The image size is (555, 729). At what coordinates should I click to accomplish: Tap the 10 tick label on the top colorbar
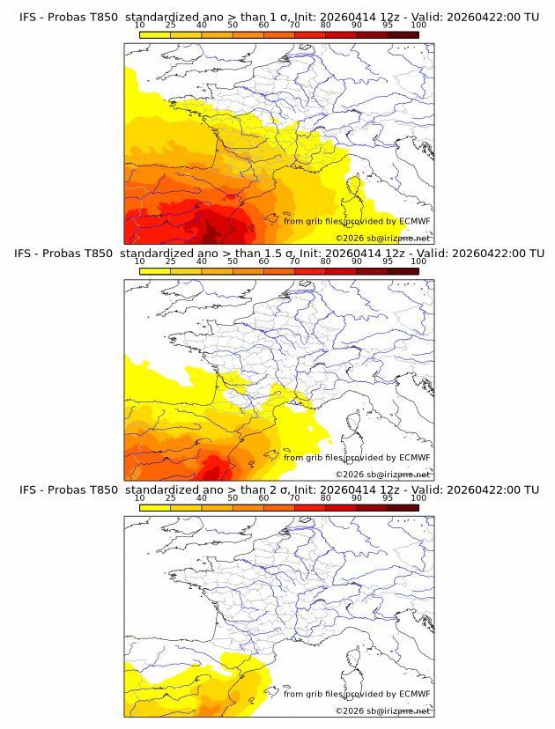[x=139, y=26]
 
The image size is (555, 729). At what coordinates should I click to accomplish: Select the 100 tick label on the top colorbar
[x=418, y=26]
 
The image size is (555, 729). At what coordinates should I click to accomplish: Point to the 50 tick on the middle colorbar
[x=233, y=262]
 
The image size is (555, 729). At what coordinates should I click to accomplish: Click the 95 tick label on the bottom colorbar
[x=388, y=498]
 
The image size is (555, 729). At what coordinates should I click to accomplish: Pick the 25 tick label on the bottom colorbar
[x=170, y=498]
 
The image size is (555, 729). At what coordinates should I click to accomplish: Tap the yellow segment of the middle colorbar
[x=154, y=271]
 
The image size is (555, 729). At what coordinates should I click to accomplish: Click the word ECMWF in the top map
[x=414, y=221]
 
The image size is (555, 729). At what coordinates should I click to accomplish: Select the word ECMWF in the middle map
[x=414, y=457]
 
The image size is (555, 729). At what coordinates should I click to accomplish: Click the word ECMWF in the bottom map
[x=414, y=694]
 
